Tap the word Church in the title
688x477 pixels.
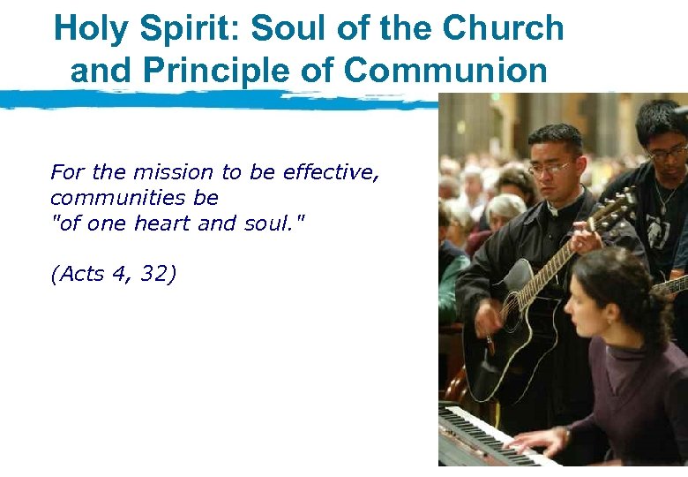point(504,28)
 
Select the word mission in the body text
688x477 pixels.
point(173,172)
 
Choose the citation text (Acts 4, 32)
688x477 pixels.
point(114,275)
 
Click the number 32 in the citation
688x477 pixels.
point(158,275)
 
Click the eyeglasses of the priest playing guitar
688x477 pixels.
point(552,167)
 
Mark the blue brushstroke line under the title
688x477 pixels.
point(221,98)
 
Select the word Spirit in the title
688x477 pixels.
point(185,28)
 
